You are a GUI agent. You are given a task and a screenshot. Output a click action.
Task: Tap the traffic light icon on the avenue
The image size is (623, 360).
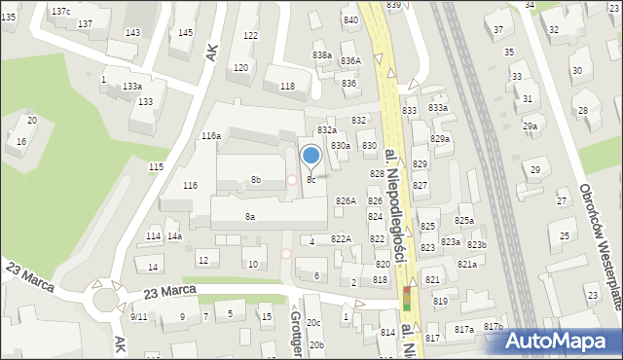(x=407, y=299)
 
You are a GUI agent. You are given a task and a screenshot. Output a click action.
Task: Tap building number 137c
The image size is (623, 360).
(x=60, y=11)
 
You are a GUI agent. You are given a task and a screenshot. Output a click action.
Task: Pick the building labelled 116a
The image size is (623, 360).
(x=211, y=136)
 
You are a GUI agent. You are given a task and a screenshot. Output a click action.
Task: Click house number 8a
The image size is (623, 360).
(x=250, y=216)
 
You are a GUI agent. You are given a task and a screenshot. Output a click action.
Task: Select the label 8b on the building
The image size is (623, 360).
(x=255, y=179)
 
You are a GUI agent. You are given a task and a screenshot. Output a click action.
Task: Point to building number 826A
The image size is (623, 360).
(x=346, y=200)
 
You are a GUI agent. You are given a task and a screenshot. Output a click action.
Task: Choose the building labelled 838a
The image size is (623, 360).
(x=321, y=55)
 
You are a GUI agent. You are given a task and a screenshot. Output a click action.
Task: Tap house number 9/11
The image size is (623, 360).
(x=138, y=316)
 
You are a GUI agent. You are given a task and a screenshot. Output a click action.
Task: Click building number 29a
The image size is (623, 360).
(x=530, y=126)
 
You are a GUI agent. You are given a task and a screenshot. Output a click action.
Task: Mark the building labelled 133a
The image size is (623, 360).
(x=132, y=87)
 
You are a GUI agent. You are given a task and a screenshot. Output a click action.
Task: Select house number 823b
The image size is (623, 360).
(x=476, y=244)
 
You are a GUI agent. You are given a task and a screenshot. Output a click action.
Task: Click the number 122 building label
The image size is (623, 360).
(x=250, y=36)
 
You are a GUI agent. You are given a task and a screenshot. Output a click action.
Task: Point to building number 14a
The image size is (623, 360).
(x=174, y=235)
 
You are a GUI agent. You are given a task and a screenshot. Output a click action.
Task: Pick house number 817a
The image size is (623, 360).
(x=464, y=330)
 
